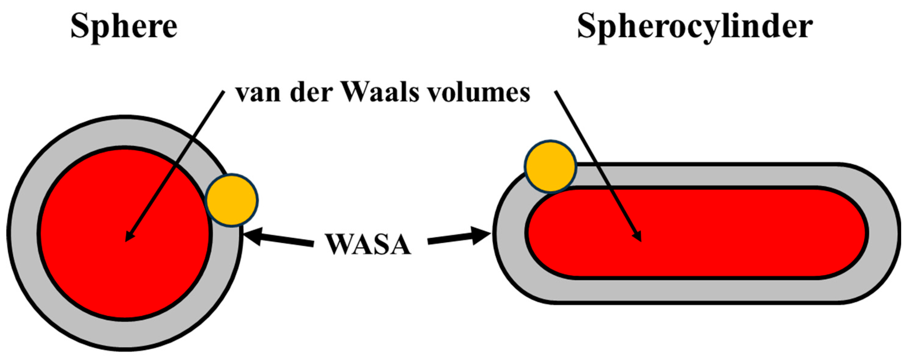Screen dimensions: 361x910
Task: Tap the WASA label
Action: click(x=369, y=244)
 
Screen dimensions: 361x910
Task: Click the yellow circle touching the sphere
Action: click(x=232, y=200)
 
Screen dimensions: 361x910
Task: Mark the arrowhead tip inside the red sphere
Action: click(x=127, y=241)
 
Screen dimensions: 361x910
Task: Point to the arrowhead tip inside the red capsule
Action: click(x=640, y=241)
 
